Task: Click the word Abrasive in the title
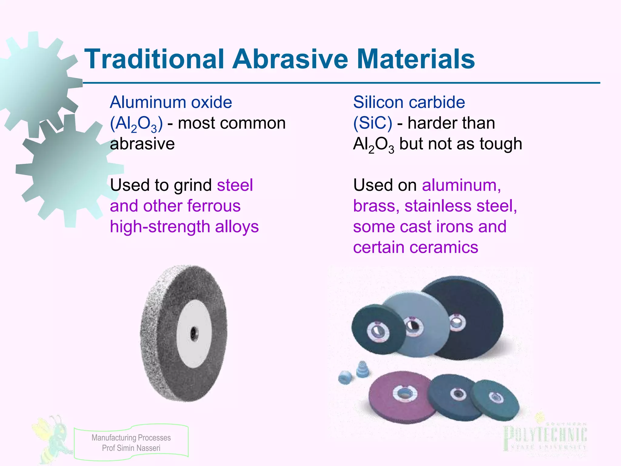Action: click(x=290, y=59)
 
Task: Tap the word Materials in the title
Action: click(x=416, y=59)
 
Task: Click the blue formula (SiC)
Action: click(x=373, y=123)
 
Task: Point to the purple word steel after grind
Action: click(x=235, y=185)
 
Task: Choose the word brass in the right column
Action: click(x=374, y=206)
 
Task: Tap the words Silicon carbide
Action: click(x=409, y=102)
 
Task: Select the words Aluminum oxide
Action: click(x=171, y=102)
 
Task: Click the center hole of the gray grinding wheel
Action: click(x=193, y=334)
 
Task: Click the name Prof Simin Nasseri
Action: click(x=131, y=448)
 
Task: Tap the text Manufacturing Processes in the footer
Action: click(x=131, y=438)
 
